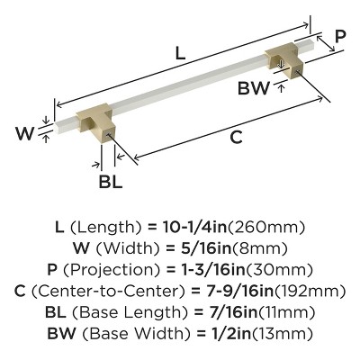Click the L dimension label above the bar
[180, 53]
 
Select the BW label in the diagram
[256, 88]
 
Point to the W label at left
[28, 135]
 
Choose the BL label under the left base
[110, 178]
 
